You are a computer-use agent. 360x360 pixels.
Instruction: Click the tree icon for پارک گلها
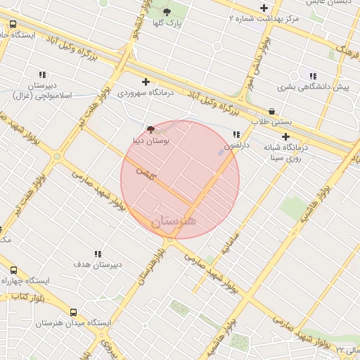click(167, 12)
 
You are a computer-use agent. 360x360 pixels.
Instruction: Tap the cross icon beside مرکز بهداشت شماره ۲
click(264, 8)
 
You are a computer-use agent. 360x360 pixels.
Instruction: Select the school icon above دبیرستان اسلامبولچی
click(42, 75)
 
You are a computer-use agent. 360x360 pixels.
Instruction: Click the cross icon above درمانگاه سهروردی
click(146, 82)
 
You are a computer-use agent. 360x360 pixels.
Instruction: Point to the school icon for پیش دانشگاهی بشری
click(313, 76)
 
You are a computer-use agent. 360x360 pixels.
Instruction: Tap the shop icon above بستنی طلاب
click(272, 111)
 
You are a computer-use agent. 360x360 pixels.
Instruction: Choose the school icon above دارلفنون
click(236, 134)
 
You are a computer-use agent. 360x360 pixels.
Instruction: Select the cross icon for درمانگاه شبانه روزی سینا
click(285, 137)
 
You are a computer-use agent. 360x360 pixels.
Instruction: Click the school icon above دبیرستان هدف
click(97, 253)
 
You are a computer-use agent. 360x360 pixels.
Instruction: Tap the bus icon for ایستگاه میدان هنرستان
click(74, 312)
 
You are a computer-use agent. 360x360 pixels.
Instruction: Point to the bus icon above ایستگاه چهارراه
click(13, 270)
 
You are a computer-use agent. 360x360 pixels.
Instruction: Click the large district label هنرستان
click(174, 221)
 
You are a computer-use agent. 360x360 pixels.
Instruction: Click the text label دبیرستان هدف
click(98, 264)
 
